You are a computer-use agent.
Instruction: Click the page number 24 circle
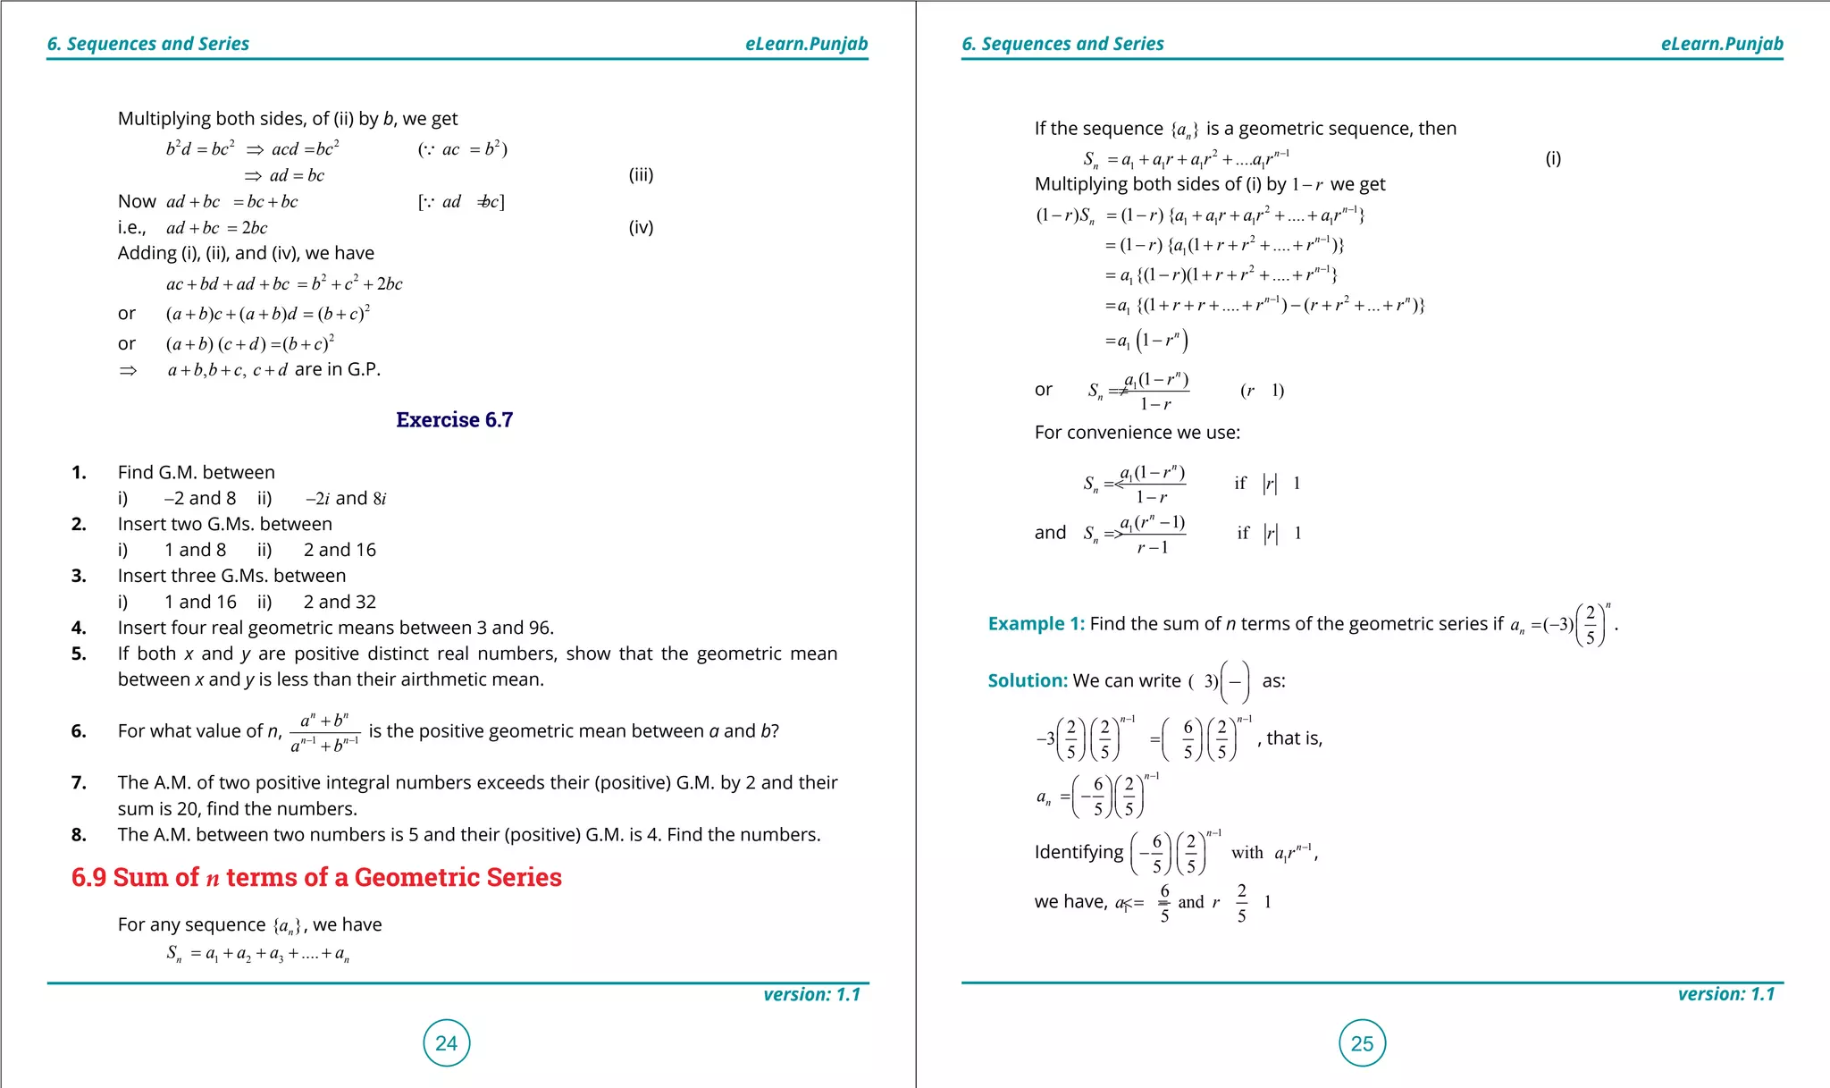pyautogui.click(x=446, y=1042)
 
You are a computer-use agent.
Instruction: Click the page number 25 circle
pyautogui.click(x=1362, y=1042)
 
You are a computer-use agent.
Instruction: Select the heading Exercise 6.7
pyautogui.click(x=454, y=420)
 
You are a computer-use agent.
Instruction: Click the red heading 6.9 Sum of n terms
pyautogui.click(x=316, y=877)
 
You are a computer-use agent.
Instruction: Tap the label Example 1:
pyautogui.click(x=1036, y=624)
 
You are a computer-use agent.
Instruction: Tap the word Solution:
pyautogui.click(x=1027, y=680)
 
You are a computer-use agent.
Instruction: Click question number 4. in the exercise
pyautogui.click(x=79, y=628)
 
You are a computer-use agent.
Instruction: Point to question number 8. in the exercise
pyautogui.click(x=79, y=834)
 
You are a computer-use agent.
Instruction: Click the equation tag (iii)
pyautogui.click(x=641, y=174)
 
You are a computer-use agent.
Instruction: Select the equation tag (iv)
pyautogui.click(x=641, y=227)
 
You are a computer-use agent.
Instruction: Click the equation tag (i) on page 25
pyautogui.click(x=1553, y=158)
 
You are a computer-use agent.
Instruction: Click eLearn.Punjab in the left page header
pyautogui.click(x=806, y=44)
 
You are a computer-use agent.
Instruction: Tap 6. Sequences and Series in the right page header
pyautogui.click(x=1062, y=44)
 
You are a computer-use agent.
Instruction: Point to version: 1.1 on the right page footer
pyautogui.click(x=1725, y=994)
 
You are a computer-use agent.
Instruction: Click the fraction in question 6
pyautogui.click(x=325, y=732)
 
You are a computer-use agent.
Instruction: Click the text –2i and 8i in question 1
pyautogui.click(x=346, y=498)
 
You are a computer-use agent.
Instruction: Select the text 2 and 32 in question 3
pyautogui.click(x=340, y=602)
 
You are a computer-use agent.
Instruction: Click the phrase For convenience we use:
pyautogui.click(x=1137, y=433)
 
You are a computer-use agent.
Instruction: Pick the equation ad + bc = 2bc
pyautogui.click(x=217, y=228)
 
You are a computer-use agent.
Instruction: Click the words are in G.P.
pyautogui.click(x=337, y=369)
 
